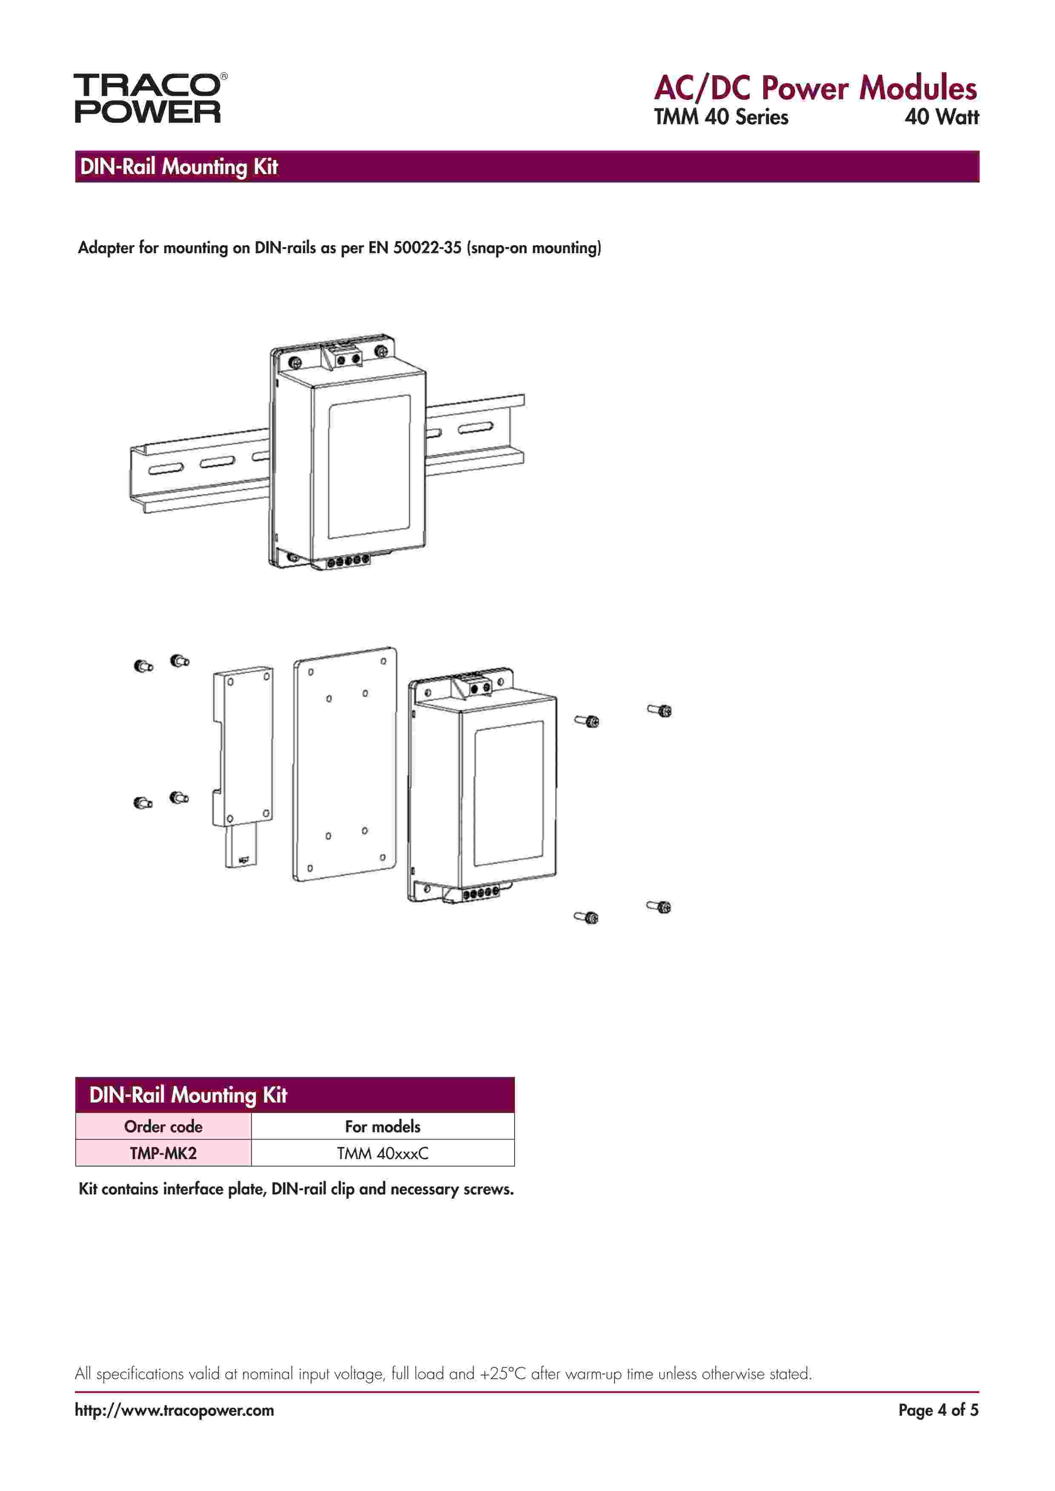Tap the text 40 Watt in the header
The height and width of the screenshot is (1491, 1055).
pos(941,117)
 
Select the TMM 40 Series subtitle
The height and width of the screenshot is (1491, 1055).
pos(720,117)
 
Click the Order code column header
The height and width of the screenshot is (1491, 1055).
pos(163,1127)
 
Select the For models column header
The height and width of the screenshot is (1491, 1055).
pos(383,1127)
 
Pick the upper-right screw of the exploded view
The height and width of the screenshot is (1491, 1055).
pos(660,711)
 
